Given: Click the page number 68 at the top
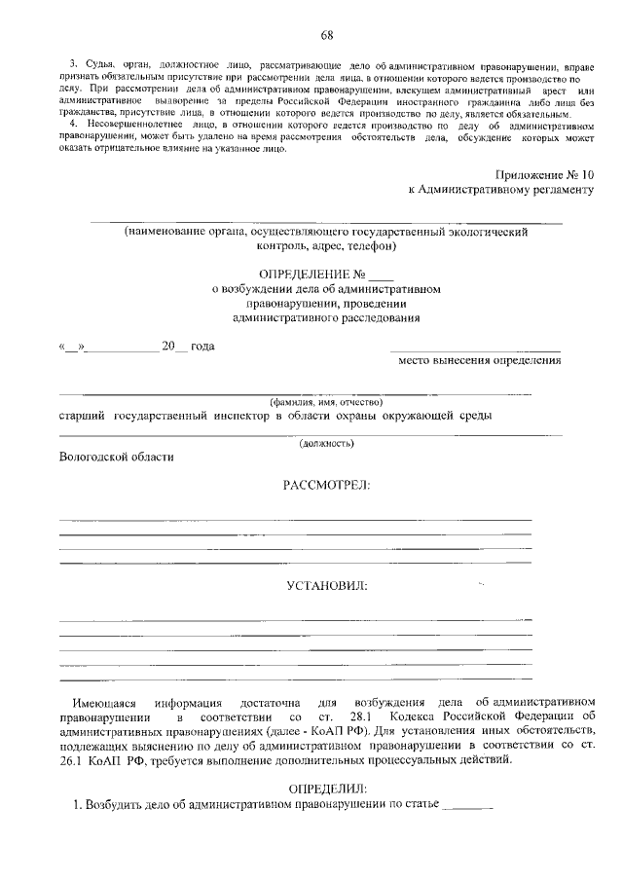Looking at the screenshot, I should click(327, 37).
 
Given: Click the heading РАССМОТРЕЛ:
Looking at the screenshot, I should click(326, 485).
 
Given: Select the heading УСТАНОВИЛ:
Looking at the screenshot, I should click(326, 587).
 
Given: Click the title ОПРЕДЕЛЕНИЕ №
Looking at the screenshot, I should click(311, 274).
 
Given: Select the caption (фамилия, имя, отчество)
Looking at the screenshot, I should click(326, 402).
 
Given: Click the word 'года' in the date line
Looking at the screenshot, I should click(202, 347).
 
